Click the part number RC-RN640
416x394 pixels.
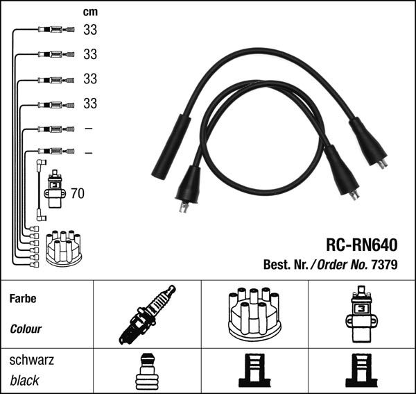pos(361,245)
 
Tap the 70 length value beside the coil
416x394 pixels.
pos(77,193)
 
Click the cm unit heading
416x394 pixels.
pos(90,12)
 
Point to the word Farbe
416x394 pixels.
pos(23,299)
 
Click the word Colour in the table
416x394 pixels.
pos(26,329)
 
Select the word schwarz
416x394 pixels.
pos(32,361)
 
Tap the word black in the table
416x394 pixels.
pos(25,381)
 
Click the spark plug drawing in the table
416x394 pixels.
pos(148,315)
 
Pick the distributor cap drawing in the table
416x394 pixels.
pos(255,315)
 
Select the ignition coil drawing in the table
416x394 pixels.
pos(362,313)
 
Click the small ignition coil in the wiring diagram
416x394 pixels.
pos(54,188)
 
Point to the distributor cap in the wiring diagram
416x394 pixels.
pos(63,248)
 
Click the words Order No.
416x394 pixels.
pos(344,265)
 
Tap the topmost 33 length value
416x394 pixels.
pos(90,30)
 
